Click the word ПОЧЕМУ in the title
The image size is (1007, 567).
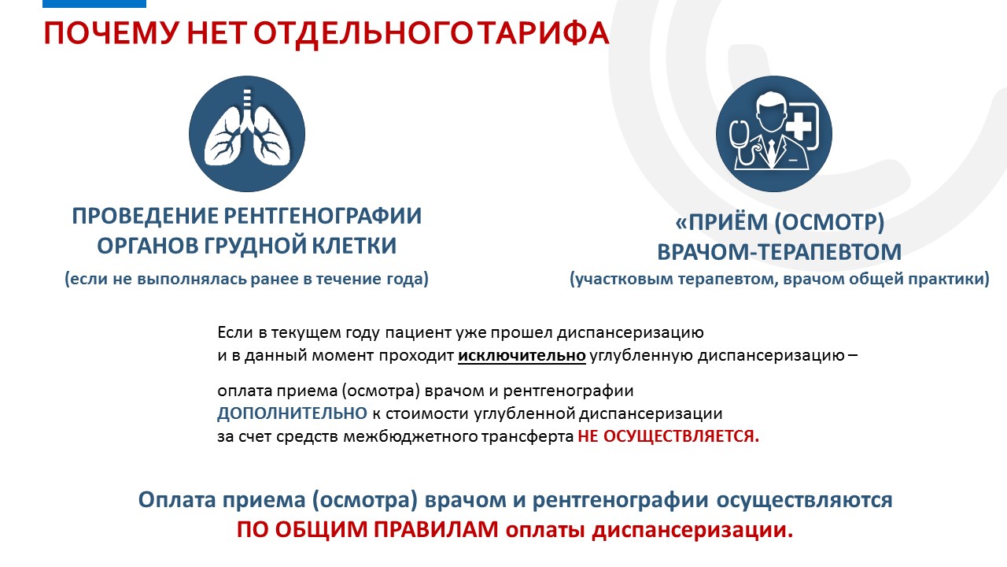point(111,33)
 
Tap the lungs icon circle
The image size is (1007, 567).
point(247,134)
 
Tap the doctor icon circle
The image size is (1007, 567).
point(773,134)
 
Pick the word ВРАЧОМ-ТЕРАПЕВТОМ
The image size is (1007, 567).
point(780,251)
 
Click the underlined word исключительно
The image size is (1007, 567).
point(522,355)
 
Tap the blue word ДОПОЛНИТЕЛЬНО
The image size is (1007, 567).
point(292,413)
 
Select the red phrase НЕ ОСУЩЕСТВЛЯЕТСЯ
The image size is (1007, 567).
point(669,436)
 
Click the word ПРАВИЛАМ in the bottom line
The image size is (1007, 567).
point(436,530)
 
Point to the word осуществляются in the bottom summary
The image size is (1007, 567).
point(804,500)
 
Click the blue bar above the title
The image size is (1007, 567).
point(94,4)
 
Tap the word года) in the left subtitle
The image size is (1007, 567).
point(408,279)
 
